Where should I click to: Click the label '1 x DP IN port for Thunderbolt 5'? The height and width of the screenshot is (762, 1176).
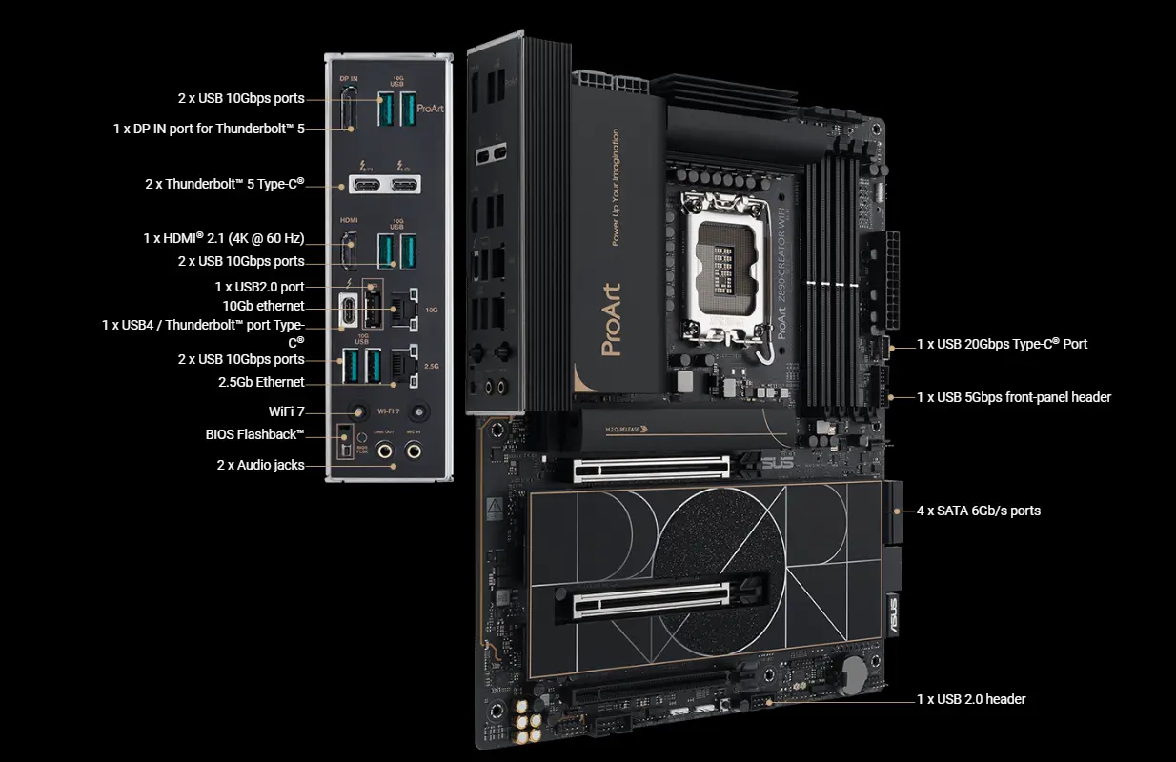tap(209, 128)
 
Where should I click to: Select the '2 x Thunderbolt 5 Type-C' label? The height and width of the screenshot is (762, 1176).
tap(224, 183)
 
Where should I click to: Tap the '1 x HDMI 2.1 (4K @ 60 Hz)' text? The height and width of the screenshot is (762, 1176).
tap(223, 238)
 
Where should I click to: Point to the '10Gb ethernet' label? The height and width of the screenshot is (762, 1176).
tap(263, 306)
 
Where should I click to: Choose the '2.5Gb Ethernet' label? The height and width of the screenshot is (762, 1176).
tap(261, 382)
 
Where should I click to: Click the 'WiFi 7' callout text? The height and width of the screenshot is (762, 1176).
tap(286, 411)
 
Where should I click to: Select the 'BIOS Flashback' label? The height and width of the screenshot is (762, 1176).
tap(254, 434)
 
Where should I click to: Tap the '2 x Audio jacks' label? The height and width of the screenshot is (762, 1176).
tap(260, 465)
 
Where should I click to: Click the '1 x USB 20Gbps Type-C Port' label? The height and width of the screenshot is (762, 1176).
tap(1002, 344)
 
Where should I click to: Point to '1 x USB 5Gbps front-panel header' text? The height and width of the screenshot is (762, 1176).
tap(1014, 397)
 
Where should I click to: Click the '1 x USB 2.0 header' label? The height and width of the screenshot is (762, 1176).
tap(971, 699)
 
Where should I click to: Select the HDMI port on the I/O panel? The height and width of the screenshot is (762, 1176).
tap(350, 250)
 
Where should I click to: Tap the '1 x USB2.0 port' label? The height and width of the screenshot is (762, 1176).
tap(259, 286)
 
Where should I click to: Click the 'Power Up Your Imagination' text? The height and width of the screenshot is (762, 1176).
tap(616, 188)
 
